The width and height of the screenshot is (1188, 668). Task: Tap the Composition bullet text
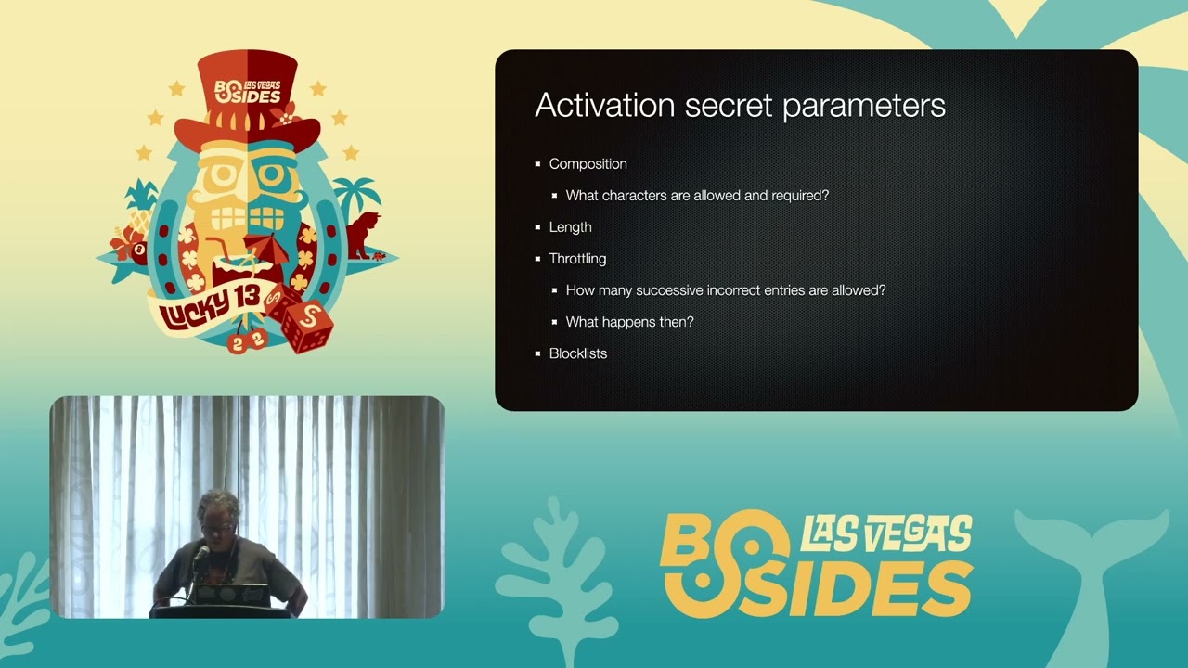pos(588,164)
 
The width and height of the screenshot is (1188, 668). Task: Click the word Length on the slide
pos(570,227)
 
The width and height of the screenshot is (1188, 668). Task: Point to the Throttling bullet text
pos(577,259)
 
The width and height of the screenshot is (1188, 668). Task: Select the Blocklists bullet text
pos(577,353)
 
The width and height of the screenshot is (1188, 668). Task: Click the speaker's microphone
pos(200,555)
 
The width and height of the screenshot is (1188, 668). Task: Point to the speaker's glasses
pos(216,528)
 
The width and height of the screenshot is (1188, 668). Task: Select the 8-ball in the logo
pos(139,250)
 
